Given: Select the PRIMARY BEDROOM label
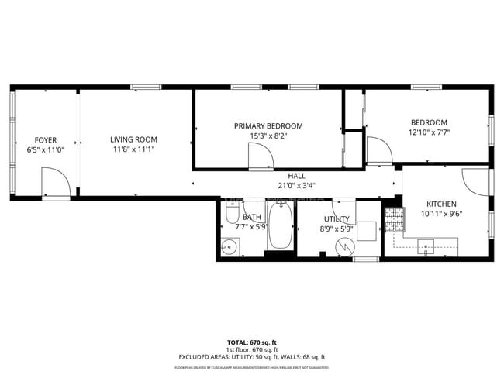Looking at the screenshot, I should tap(268, 125).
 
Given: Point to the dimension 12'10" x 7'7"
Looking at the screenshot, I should tap(429, 132).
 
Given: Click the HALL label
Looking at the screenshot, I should tap(296, 176).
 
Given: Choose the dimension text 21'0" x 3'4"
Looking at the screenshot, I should tap(296, 185).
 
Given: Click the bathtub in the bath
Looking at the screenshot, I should tap(280, 227).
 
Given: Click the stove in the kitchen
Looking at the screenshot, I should tap(394, 221).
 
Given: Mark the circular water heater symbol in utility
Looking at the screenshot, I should tap(343, 246).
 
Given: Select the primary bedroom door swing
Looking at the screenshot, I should tap(261, 156).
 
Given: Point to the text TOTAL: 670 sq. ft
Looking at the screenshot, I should tap(251, 342).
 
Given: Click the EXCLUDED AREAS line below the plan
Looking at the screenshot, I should tap(251, 357).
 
